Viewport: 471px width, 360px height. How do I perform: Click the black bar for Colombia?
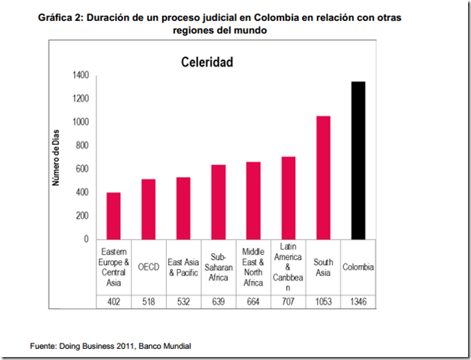(358, 161)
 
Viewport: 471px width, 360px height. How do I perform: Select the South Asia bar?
(323, 178)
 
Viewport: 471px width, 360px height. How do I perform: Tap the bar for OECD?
(149, 209)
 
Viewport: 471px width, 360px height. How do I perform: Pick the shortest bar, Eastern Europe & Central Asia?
(114, 216)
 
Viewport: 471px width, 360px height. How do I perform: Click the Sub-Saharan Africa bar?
(218, 202)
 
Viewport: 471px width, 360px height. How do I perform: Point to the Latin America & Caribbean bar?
(289, 198)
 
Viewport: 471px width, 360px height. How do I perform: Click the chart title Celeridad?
(207, 62)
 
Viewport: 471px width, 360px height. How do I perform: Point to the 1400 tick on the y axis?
(80, 75)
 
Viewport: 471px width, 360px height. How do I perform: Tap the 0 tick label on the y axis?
(86, 239)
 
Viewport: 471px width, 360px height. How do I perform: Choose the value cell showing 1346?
(358, 301)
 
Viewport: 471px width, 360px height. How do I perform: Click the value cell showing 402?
(114, 301)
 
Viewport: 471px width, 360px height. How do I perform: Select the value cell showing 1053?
(323, 301)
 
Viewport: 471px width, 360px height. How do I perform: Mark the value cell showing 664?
(253, 301)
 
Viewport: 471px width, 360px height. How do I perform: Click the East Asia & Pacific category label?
(183, 267)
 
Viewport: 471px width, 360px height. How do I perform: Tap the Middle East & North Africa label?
(253, 267)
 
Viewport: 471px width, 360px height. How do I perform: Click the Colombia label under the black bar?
(358, 267)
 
